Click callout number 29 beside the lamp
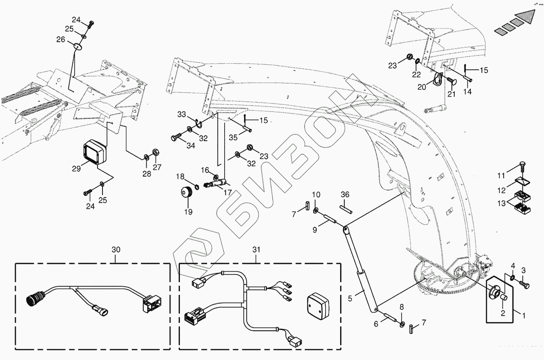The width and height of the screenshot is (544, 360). tap(76, 168)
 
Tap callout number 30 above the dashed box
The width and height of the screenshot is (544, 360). tap(116, 250)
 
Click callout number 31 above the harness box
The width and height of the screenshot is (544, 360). tap(256, 250)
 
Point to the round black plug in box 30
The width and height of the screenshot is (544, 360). tap(34, 298)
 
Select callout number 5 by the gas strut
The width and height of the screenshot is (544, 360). tap(350, 298)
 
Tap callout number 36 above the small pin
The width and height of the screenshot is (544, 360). tap(345, 195)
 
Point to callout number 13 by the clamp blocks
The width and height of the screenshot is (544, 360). tap(501, 203)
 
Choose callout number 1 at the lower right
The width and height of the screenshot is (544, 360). tap(523, 315)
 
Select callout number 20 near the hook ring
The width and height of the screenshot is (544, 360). tap(422, 87)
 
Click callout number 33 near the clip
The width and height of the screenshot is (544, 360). tap(181, 114)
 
